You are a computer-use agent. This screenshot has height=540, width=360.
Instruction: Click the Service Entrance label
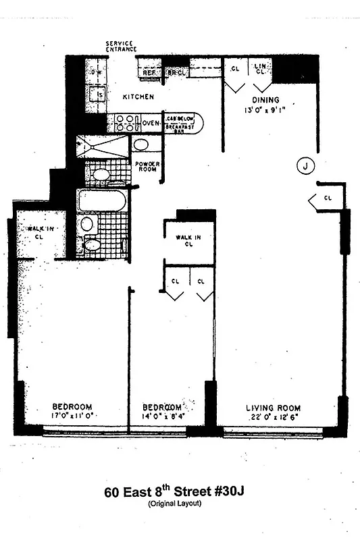tap(121, 47)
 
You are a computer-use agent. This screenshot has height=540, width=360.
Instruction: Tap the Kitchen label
tap(138, 97)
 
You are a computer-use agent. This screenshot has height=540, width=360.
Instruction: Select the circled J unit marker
tap(306, 165)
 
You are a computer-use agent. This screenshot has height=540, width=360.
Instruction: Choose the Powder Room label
tap(147, 166)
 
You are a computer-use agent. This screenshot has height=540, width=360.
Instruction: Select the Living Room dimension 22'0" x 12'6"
tap(274, 418)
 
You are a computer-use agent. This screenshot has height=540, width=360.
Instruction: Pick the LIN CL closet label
tap(259, 68)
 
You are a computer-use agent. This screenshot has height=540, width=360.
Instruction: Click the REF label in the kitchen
tap(149, 72)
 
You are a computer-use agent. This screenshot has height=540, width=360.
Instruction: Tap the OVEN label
tap(151, 123)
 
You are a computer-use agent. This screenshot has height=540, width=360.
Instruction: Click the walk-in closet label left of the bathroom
tap(40, 234)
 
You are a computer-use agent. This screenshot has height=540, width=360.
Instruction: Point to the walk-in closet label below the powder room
tap(188, 240)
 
